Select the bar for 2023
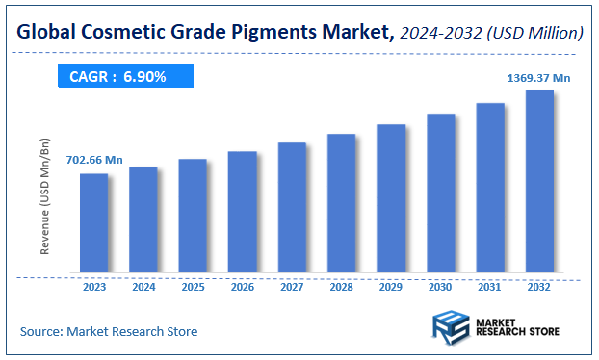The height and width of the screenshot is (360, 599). coord(93,223)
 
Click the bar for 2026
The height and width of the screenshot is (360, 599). coord(242,212)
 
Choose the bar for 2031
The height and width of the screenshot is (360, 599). coord(490,188)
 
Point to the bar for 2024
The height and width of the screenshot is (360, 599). coord(143,219)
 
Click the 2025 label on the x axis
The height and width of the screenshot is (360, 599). coord(193,286)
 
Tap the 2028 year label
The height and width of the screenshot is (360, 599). coord(341,286)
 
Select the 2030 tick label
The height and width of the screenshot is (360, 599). coord(440,286)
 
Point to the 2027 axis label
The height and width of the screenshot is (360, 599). coord(292,286)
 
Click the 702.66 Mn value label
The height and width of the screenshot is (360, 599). coord(94,159)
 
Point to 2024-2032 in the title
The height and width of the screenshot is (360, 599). coord(439,34)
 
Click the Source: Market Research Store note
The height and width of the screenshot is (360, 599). coord(109,331)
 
